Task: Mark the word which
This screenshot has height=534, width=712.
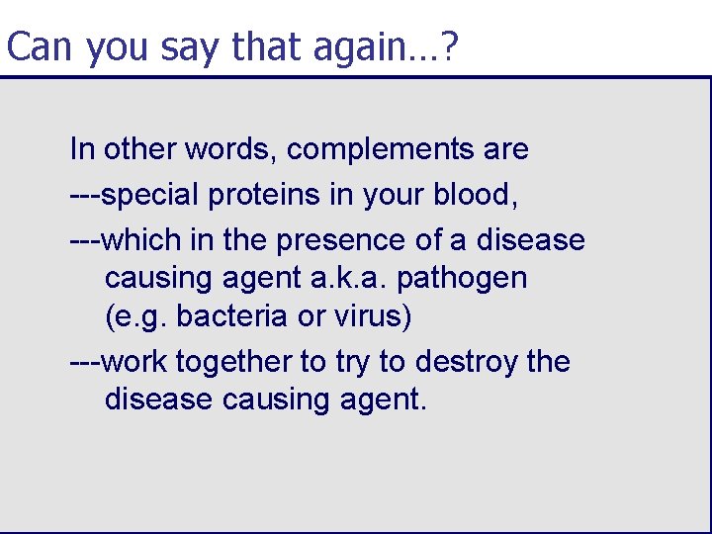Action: click(141, 240)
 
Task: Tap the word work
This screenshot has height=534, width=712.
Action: click(135, 362)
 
